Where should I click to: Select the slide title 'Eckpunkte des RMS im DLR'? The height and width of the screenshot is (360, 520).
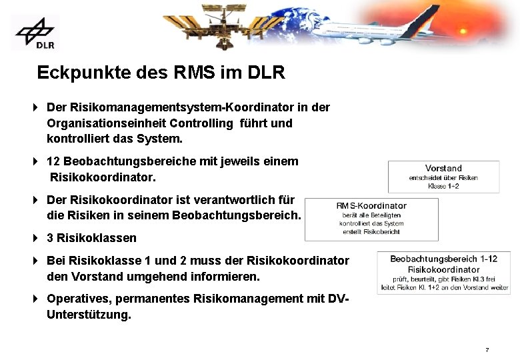pos(161,73)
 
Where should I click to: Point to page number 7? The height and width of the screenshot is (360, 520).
pos(487,350)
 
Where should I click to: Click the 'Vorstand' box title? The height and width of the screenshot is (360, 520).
pos(443,168)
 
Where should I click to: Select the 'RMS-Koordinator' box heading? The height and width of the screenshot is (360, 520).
pos(371,206)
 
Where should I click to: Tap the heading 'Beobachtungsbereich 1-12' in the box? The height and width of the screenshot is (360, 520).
pos(443,259)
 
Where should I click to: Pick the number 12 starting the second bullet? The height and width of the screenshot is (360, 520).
pos(53,161)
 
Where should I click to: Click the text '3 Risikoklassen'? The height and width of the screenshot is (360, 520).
pos(91,238)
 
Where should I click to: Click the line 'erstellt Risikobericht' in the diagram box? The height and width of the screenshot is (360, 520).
pos(371,231)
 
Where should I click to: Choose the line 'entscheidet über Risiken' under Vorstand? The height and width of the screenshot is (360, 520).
pos(443,178)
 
